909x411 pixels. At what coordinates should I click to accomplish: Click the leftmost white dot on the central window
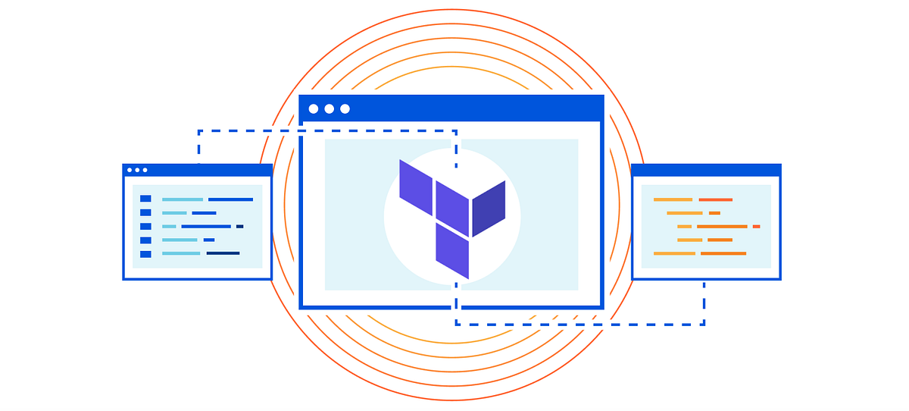click(314, 108)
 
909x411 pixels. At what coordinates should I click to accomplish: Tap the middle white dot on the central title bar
click(330, 108)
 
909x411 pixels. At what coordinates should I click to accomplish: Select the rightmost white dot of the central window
click(345, 108)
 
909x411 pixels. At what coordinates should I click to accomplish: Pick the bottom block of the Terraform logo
click(452, 250)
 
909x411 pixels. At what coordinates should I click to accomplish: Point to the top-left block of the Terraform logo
click(416, 186)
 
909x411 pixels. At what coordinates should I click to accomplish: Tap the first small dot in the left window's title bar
click(130, 170)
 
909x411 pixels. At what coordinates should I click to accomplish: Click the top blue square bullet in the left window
click(145, 199)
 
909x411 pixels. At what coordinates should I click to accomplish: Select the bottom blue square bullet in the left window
click(145, 253)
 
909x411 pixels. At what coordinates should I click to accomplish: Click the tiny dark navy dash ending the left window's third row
click(239, 226)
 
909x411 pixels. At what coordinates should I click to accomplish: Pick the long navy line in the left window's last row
click(223, 253)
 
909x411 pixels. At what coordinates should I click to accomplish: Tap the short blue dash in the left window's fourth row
click(208, 240)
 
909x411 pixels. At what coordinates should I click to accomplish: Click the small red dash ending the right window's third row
click(756, 226)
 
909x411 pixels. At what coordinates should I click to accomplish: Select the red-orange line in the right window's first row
click(715, 199)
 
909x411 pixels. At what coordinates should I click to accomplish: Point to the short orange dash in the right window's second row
click(714, 213)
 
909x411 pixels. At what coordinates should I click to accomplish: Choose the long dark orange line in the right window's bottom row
click(723, 253)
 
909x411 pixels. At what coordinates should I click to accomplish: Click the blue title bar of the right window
click(706, 170)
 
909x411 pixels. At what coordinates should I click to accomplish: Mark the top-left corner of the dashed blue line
click(198, 131)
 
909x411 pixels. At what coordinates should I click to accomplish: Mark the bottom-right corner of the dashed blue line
click(704, 325)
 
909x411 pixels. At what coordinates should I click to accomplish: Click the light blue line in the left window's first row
click(182, 199)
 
